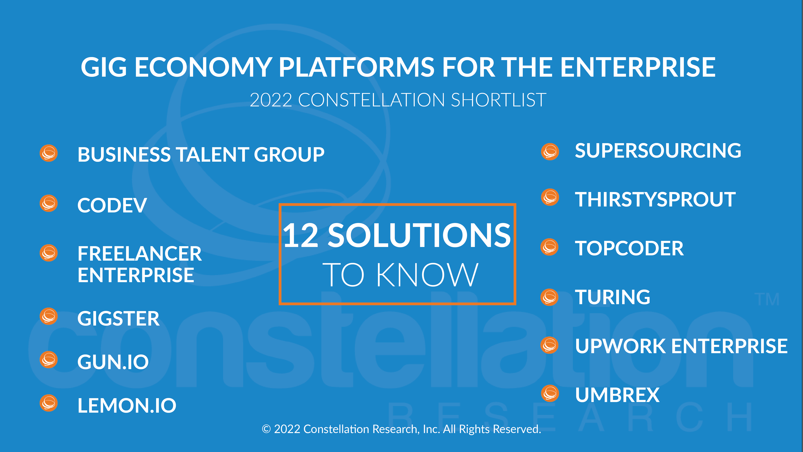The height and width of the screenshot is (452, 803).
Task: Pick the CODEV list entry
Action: pyautogui.click(x=112, y=205)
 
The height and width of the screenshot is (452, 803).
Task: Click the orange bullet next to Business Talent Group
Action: pyautogui.click(x=49, y=153)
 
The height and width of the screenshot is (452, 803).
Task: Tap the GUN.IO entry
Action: pyautogui.click(x=113, y=362)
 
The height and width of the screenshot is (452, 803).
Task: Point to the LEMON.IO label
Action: pyautogui.click(x=127, y=406)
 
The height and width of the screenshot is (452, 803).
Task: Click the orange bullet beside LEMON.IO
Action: pyautogui.click(x=49, y=403)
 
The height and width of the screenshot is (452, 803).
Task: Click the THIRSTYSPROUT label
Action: pyautogui.click(x=655, y=200)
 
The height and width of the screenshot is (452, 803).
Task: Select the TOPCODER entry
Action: pyautogui.click(x=629, y=249)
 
